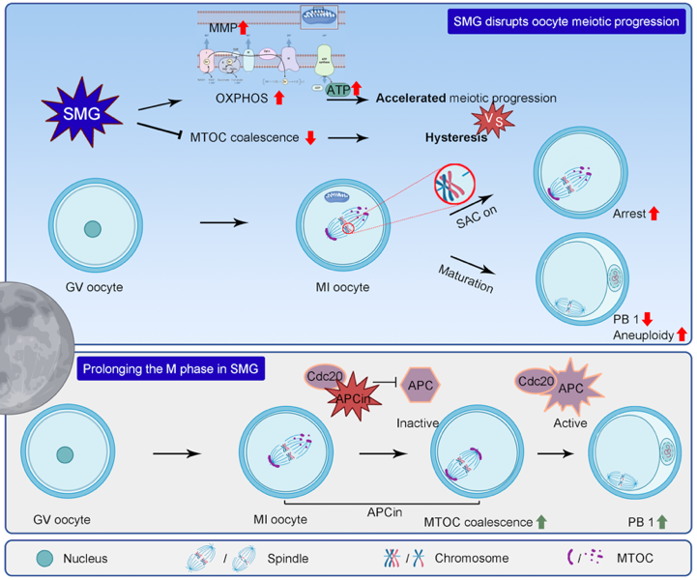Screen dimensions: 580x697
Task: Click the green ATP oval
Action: click(338, 92)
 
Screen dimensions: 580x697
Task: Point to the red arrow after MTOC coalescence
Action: click(310, 137)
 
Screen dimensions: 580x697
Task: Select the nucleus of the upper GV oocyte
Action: click(91, 228)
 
